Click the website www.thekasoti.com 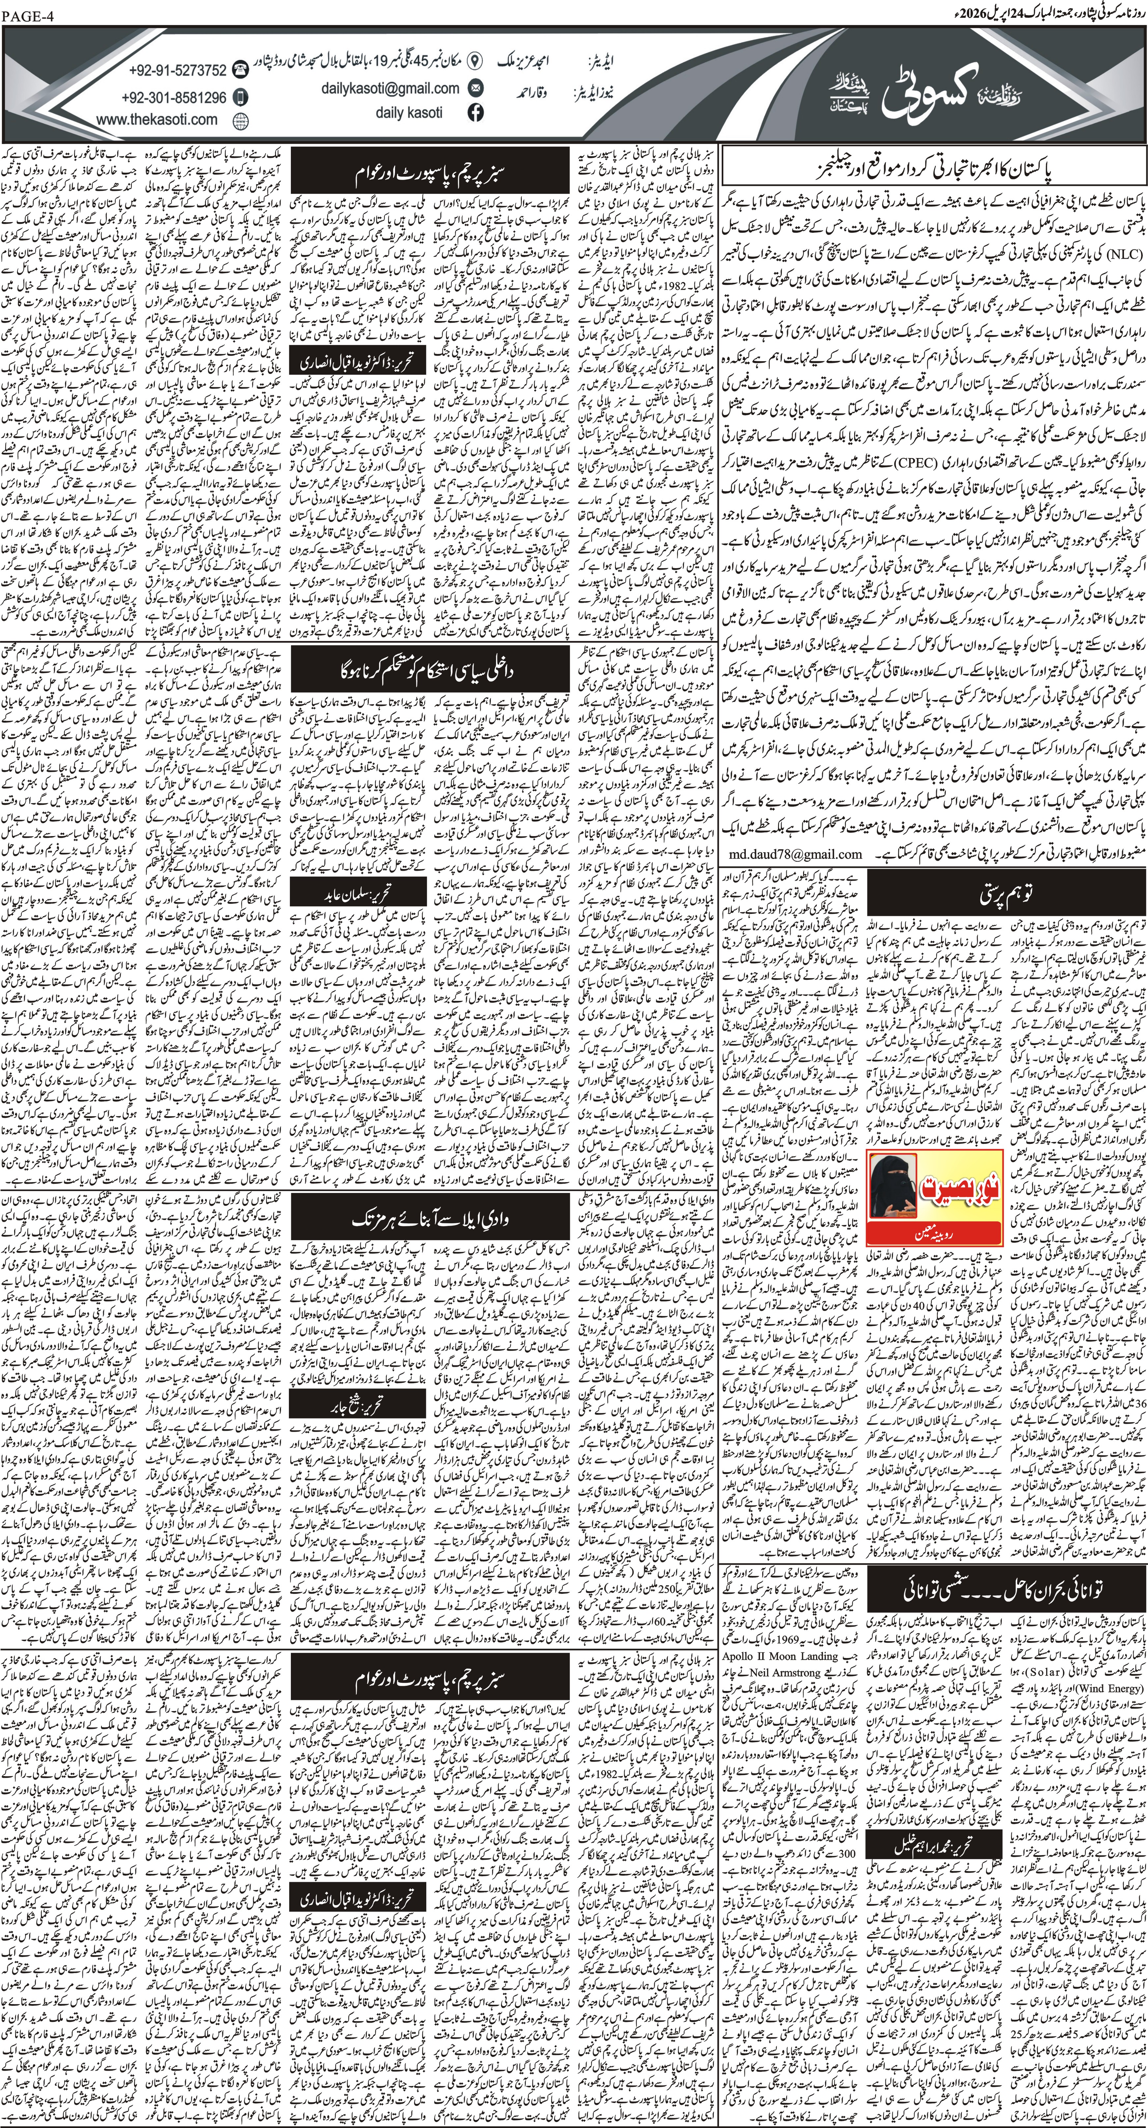(157, 119)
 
